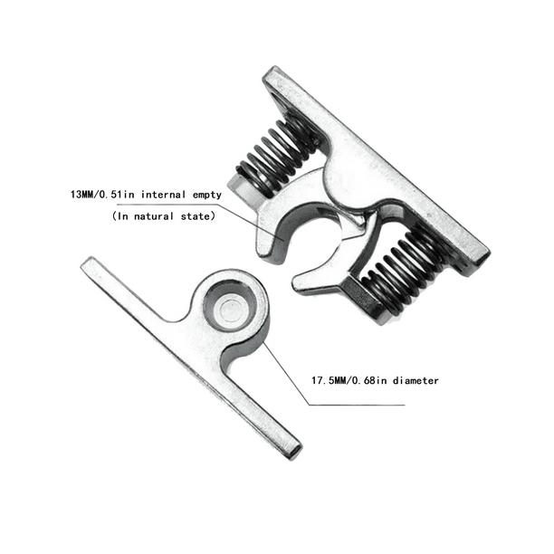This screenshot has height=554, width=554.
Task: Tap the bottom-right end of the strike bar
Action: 287,447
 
